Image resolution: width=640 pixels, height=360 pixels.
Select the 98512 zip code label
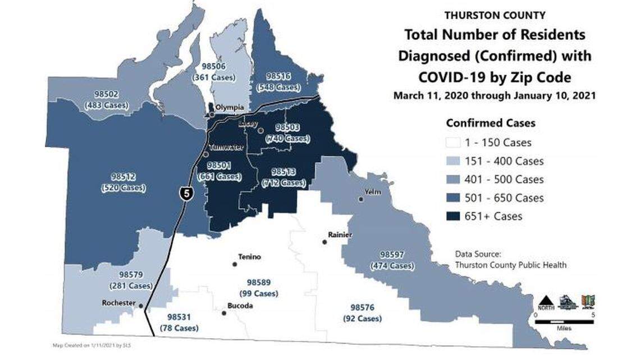click(123, 177)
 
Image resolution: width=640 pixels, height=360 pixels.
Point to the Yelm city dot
click(361, 199)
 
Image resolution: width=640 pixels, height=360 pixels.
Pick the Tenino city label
click(249, 257)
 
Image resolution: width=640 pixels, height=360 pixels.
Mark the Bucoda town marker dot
click(224, 313)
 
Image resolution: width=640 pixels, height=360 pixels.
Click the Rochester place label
click(118, 303)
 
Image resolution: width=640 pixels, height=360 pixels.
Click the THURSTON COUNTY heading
click(495, 16)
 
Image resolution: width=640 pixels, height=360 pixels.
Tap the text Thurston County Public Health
click(510, 265)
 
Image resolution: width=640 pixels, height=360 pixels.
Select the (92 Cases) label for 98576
click(362, 318)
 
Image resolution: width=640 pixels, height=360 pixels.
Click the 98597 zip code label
click(393, 254)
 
